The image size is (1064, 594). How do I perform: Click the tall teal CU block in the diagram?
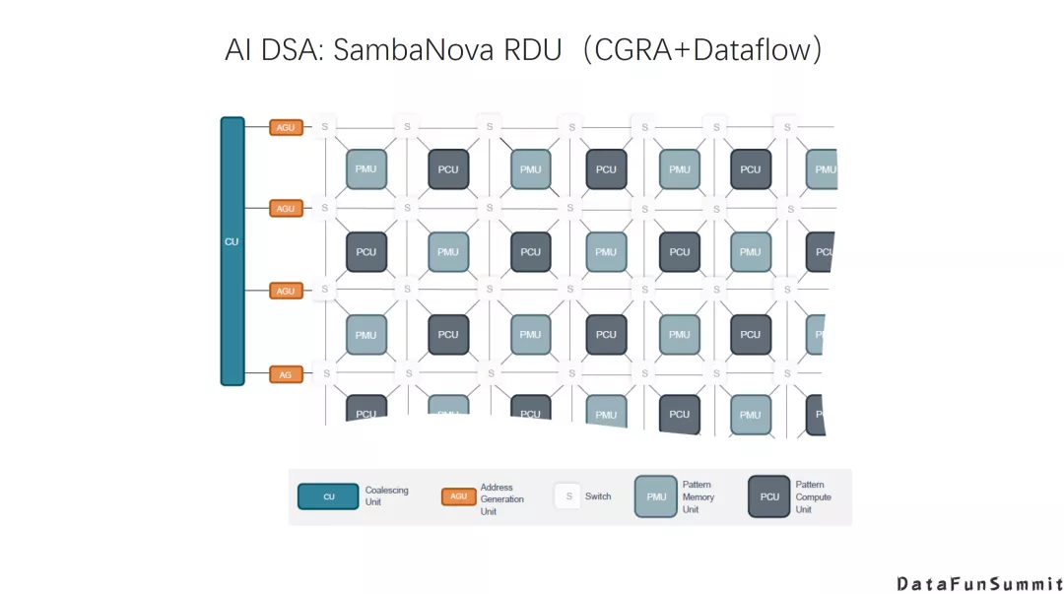tap(232, 251)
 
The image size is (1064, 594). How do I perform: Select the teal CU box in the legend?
tap(328, 496)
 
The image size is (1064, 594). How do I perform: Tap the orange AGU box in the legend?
tap(458, 496)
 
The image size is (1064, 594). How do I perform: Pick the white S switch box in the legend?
tap(567, 496)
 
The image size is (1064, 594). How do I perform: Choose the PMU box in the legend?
tap(656, 496)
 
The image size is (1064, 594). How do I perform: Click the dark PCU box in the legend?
tap(769, 496)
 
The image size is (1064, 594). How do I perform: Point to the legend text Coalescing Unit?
tap(386, 496)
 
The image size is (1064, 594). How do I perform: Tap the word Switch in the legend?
tap(598, 496)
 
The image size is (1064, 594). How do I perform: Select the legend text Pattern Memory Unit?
tap(698, 496)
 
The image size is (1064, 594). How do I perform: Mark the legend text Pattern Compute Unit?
tap(813, 496)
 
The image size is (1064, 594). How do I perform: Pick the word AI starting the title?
tap(239, 50)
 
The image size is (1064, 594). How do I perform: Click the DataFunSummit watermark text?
tap(979, 583)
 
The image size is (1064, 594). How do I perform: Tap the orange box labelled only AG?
tap(286, 374)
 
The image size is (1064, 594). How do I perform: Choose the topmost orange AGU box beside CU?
tap(286, 127)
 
